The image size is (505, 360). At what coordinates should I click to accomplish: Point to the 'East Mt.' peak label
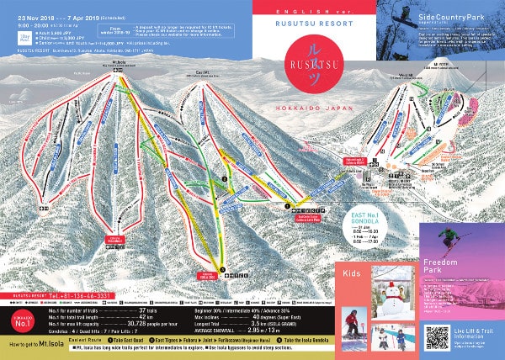point(200,72)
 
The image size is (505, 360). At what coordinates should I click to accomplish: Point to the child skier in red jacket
point(352,325)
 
